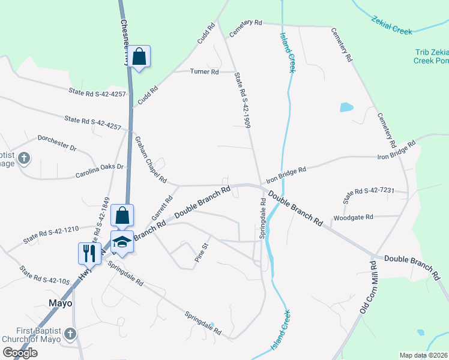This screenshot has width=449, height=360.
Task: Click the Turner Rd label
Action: click(x=204, y=72)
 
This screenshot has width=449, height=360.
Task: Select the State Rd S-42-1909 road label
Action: click(x=242, y=100)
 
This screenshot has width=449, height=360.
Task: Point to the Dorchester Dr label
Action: click(x=58, y=146)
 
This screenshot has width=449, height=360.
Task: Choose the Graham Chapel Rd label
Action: click(x=150, y=159)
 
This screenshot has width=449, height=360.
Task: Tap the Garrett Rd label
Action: click(x=162, y=206)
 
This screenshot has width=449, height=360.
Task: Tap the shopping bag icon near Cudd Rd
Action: click(x=139, y=57)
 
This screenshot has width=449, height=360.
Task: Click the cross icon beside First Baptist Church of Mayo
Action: click(x=70, y=334)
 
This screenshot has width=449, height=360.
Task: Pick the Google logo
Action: click(x=20, y=353)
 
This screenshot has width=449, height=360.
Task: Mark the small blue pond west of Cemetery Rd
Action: click(x=346, y=108)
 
